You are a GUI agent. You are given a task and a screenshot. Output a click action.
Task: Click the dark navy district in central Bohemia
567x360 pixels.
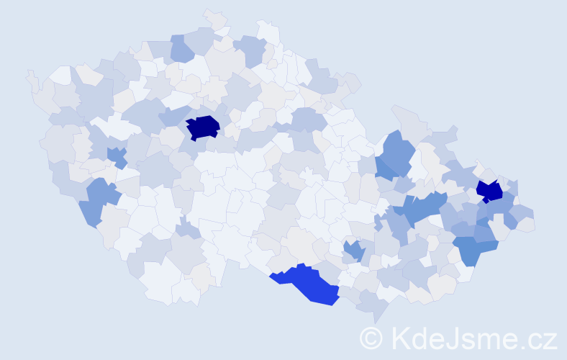pos(203,127)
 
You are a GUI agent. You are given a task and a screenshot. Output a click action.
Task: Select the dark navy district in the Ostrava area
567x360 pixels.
pos(490,191)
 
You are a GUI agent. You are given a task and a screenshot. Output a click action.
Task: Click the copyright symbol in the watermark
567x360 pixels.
pos(371,338)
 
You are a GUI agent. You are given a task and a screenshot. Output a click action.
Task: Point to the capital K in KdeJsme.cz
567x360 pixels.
pos(400,338)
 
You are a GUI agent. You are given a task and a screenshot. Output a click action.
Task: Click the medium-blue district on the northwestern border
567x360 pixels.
pos(182,48)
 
